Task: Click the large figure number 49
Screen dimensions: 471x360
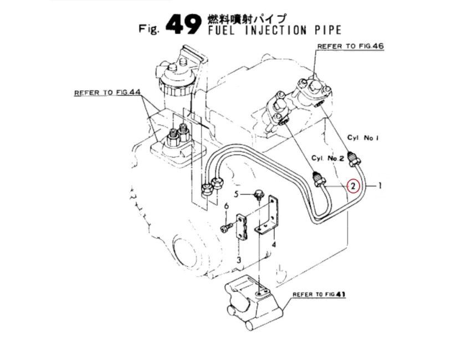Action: click(183, 24)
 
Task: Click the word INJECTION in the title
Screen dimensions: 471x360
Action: click(276, 30)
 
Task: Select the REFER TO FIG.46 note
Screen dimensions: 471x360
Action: click(351, 46)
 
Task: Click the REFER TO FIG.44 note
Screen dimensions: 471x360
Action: click(107, 92)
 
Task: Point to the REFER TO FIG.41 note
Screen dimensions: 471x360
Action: click(319, 294)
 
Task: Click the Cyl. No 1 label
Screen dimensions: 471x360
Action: click(363, 138)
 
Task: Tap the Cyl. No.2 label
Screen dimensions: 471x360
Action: click(327, 158)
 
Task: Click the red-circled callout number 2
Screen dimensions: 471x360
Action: click(354, 186)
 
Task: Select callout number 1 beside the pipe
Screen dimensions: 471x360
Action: click(380, 186)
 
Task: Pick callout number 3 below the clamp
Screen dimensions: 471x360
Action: click(238, 259)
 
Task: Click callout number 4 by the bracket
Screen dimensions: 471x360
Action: click(274, 244)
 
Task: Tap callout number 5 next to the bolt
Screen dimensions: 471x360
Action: click(237, 194)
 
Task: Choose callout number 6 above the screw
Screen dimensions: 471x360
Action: click(227, 206)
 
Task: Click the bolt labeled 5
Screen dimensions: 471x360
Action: click(258, 194)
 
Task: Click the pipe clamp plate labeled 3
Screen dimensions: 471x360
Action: click(243, 227)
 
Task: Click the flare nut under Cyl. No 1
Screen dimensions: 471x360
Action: click(354, 159)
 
